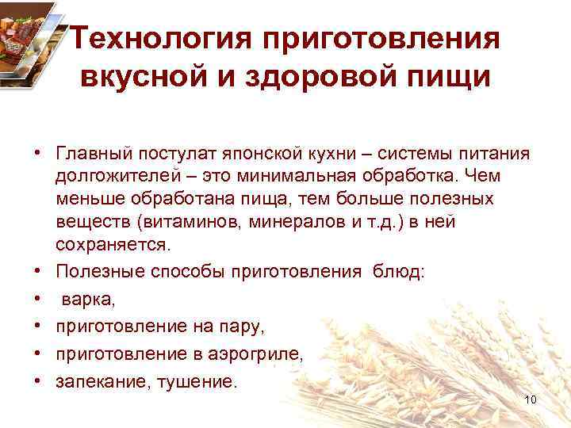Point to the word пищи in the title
(445, 80)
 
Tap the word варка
(88, 300)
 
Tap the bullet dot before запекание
(37, 382)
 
